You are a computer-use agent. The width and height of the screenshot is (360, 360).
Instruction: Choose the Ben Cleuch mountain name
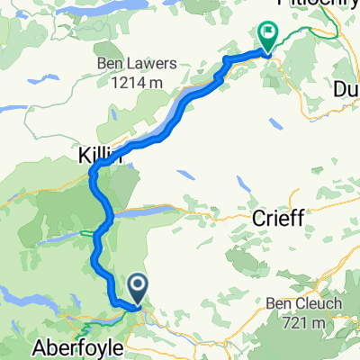click(303, 304)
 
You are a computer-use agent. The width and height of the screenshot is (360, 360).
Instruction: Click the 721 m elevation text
click(304, 322)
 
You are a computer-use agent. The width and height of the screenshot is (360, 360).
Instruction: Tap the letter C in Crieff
click(255, 217)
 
